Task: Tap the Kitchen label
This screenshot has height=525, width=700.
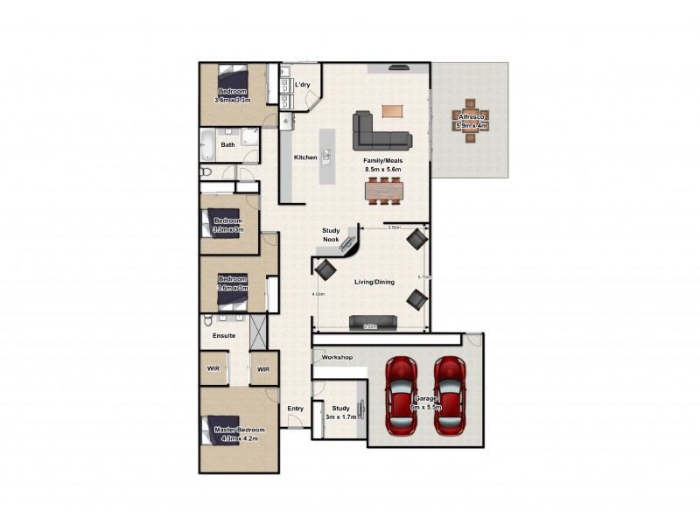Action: pyautogui.click(x=305, y=157)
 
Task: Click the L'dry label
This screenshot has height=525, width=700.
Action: pyautogui.click(x=303, y=85)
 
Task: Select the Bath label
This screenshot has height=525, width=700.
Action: pyautogui.click(x=227, y=145)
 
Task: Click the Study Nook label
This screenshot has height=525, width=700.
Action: pyautogui.click(x=331, y=234)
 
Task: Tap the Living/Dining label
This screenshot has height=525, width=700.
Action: pyautogui.click(x=374, y=282)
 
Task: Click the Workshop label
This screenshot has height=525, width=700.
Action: pyautogui.click(x=337, y=358)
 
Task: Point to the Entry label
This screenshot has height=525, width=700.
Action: pyautogui.click(x=295, y=409)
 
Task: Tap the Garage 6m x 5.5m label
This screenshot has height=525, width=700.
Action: pyautogui.click(x=426, y=403)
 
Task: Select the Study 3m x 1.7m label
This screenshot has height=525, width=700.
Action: pyautogui.click(x=340, y=411)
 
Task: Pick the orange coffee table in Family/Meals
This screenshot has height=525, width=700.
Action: pyautogui.click(x=393, y=111)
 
